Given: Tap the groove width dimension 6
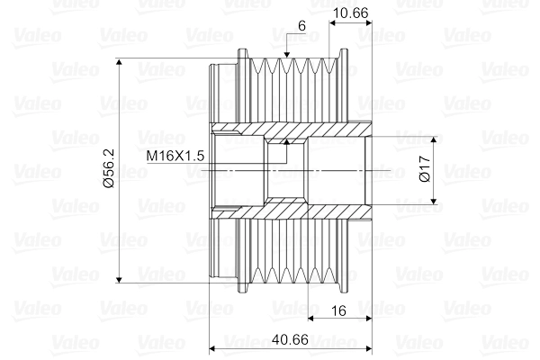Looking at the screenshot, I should pos(300,27).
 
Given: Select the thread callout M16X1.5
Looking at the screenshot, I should pos(176,156).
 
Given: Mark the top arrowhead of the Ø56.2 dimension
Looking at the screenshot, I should pos(121,63).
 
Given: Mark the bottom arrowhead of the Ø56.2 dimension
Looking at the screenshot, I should pos(121,280).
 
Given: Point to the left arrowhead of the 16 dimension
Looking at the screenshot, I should pos(310,318).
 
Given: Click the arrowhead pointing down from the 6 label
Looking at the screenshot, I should pos(284,56).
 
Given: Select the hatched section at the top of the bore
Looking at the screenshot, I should pos(288,132).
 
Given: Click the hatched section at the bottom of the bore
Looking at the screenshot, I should pos(288,211).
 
